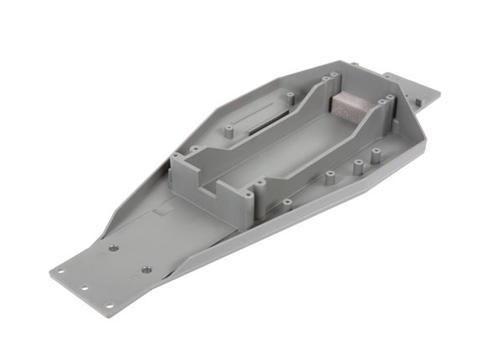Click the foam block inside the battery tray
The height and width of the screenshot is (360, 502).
coord(350,106)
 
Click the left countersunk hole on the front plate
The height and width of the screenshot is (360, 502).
coord(110,249)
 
